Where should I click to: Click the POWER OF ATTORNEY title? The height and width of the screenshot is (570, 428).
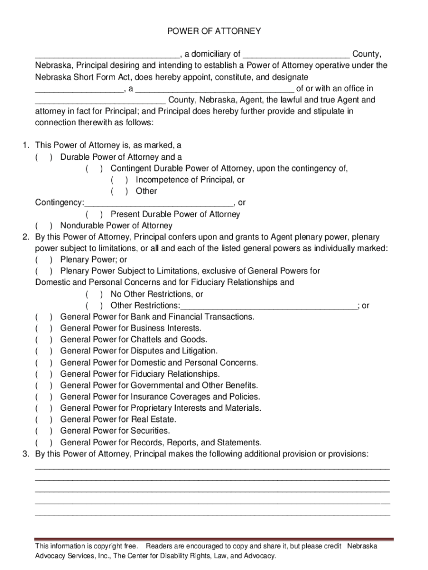(x=214, y=32)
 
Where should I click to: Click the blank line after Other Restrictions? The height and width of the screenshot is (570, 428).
(x=269, y=306)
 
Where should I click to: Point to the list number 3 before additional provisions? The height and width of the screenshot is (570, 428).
(x=26, y=454)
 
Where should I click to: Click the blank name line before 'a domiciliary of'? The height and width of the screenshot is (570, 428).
(x=107, y=55)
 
